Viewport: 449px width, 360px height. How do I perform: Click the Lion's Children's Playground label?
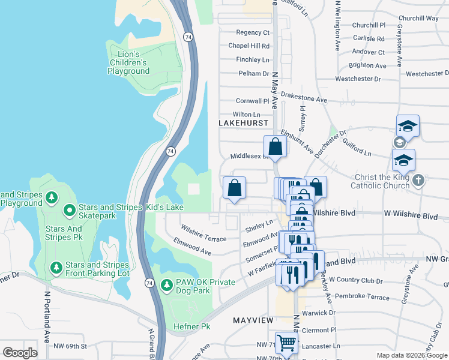(128, 62)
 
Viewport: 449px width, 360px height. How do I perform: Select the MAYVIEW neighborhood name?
(253, 321)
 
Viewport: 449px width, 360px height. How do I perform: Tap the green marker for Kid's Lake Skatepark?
(69, 209)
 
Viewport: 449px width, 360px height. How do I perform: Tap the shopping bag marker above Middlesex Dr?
(275, 146)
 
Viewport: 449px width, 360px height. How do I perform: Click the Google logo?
(20, 353)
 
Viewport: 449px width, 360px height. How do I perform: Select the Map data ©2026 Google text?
(411, 355)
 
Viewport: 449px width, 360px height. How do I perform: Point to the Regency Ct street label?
(253, 32)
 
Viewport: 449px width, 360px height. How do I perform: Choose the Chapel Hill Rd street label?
(249, 46)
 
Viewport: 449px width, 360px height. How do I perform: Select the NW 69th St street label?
(70, 346)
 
